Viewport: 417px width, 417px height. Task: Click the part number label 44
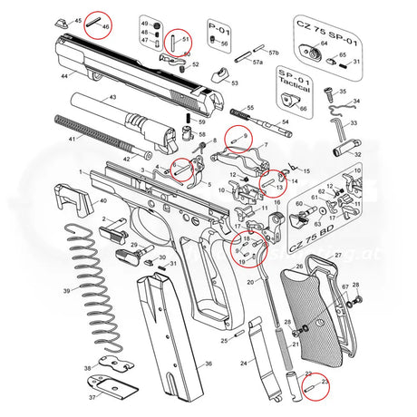pyautogui.click(x=64, y=77)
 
